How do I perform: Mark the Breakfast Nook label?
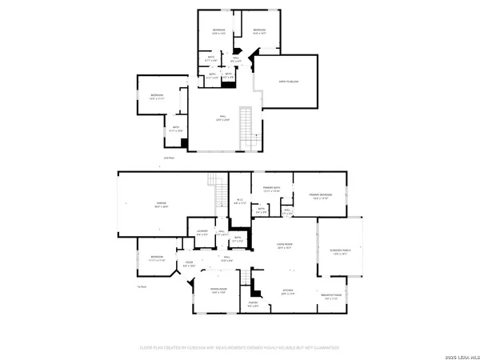coord(332,296)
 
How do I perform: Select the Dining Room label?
coord(218,292)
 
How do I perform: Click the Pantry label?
coord(252,303)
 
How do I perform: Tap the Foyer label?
coord(190,263)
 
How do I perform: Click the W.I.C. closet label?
coord(239,202)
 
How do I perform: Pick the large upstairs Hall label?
coord(222,118)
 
